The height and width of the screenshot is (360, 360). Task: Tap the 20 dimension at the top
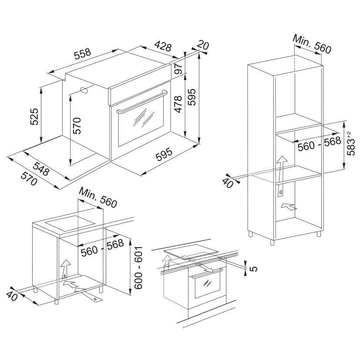click(203, 45)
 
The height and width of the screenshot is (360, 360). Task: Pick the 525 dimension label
click(34, 116)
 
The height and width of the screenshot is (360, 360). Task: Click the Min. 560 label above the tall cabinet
click(312, 44)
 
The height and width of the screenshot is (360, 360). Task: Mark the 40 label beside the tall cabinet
click(228, 182)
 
